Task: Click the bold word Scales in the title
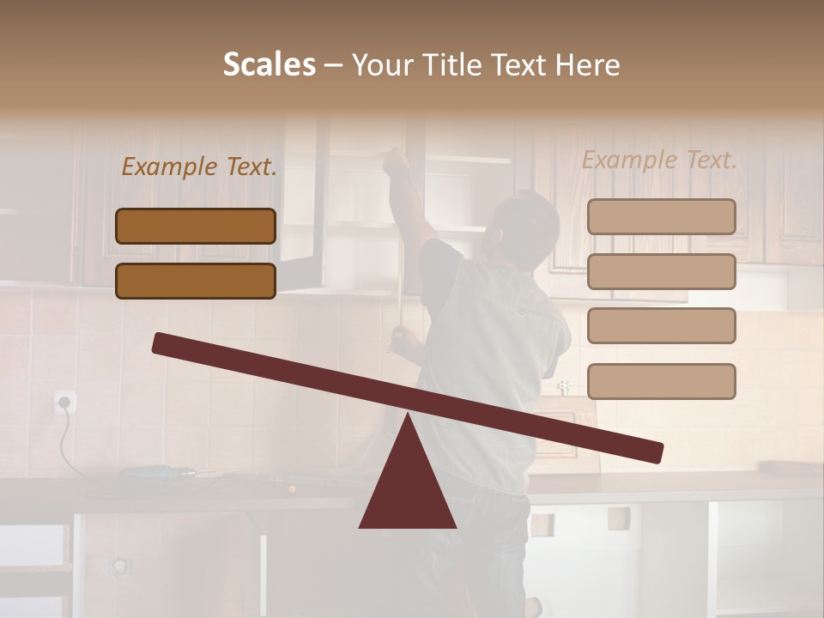coord(269,64)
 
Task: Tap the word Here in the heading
coord(589,64)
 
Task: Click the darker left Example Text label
coord(199,167)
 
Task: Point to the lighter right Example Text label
coord(659,160)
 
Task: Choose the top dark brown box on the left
coord(196,226)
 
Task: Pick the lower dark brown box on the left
coord(196,281)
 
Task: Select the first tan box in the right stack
coord(661,217)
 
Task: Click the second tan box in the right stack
coord(661,271)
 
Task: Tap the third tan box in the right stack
coord(661,326)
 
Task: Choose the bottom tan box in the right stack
coord(661,381)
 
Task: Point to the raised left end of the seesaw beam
coord(163,343)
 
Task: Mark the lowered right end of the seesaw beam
coord(652,451)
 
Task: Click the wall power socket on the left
coord(64,401)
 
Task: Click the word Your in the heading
coord(383,64)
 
